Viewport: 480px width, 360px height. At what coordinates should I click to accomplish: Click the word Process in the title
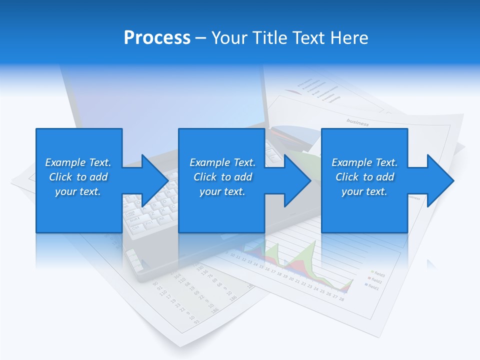pos(157,38)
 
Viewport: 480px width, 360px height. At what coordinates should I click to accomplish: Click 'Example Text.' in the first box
pos(78,162)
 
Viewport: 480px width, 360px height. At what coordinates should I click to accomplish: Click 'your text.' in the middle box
pos(222,191)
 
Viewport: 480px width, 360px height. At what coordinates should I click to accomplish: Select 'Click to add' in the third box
pos(364,177)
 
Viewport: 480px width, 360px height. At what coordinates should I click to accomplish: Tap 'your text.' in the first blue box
pos(78,191)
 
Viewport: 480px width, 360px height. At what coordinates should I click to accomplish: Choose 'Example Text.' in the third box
pos(364,162)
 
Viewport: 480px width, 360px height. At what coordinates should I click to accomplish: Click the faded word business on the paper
pos(357,122)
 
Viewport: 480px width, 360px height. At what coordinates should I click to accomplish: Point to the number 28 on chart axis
pos(341,299)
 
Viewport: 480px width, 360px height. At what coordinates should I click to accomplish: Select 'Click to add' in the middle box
pos(222,177)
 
